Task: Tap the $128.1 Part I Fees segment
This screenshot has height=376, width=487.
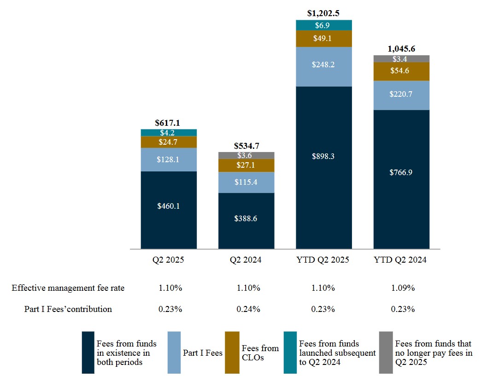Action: pos(169,159)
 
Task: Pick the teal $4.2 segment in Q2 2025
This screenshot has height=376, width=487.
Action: pos(169,133)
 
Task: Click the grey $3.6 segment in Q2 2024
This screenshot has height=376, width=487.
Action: pos(246,155)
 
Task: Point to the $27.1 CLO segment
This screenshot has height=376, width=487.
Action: pos(246,165)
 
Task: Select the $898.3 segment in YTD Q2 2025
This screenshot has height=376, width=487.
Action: pos(323,156)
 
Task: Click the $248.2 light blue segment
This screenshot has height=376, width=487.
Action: pos(323,65)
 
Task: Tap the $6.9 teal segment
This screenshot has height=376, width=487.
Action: pos(323,25)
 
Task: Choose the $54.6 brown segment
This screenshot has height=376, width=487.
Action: pos(401,71)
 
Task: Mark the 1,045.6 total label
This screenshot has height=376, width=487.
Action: pos(401,48)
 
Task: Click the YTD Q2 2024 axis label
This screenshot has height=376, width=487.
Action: pos(401,260)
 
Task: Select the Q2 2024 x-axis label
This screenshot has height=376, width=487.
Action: pos(246,260)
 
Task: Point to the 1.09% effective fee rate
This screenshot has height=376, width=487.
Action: pos(401,288)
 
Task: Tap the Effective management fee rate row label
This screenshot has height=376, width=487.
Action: pos(68,288)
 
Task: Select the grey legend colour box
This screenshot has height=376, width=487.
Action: pos(386,352)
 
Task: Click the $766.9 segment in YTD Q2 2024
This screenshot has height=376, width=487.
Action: pos(401,173)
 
